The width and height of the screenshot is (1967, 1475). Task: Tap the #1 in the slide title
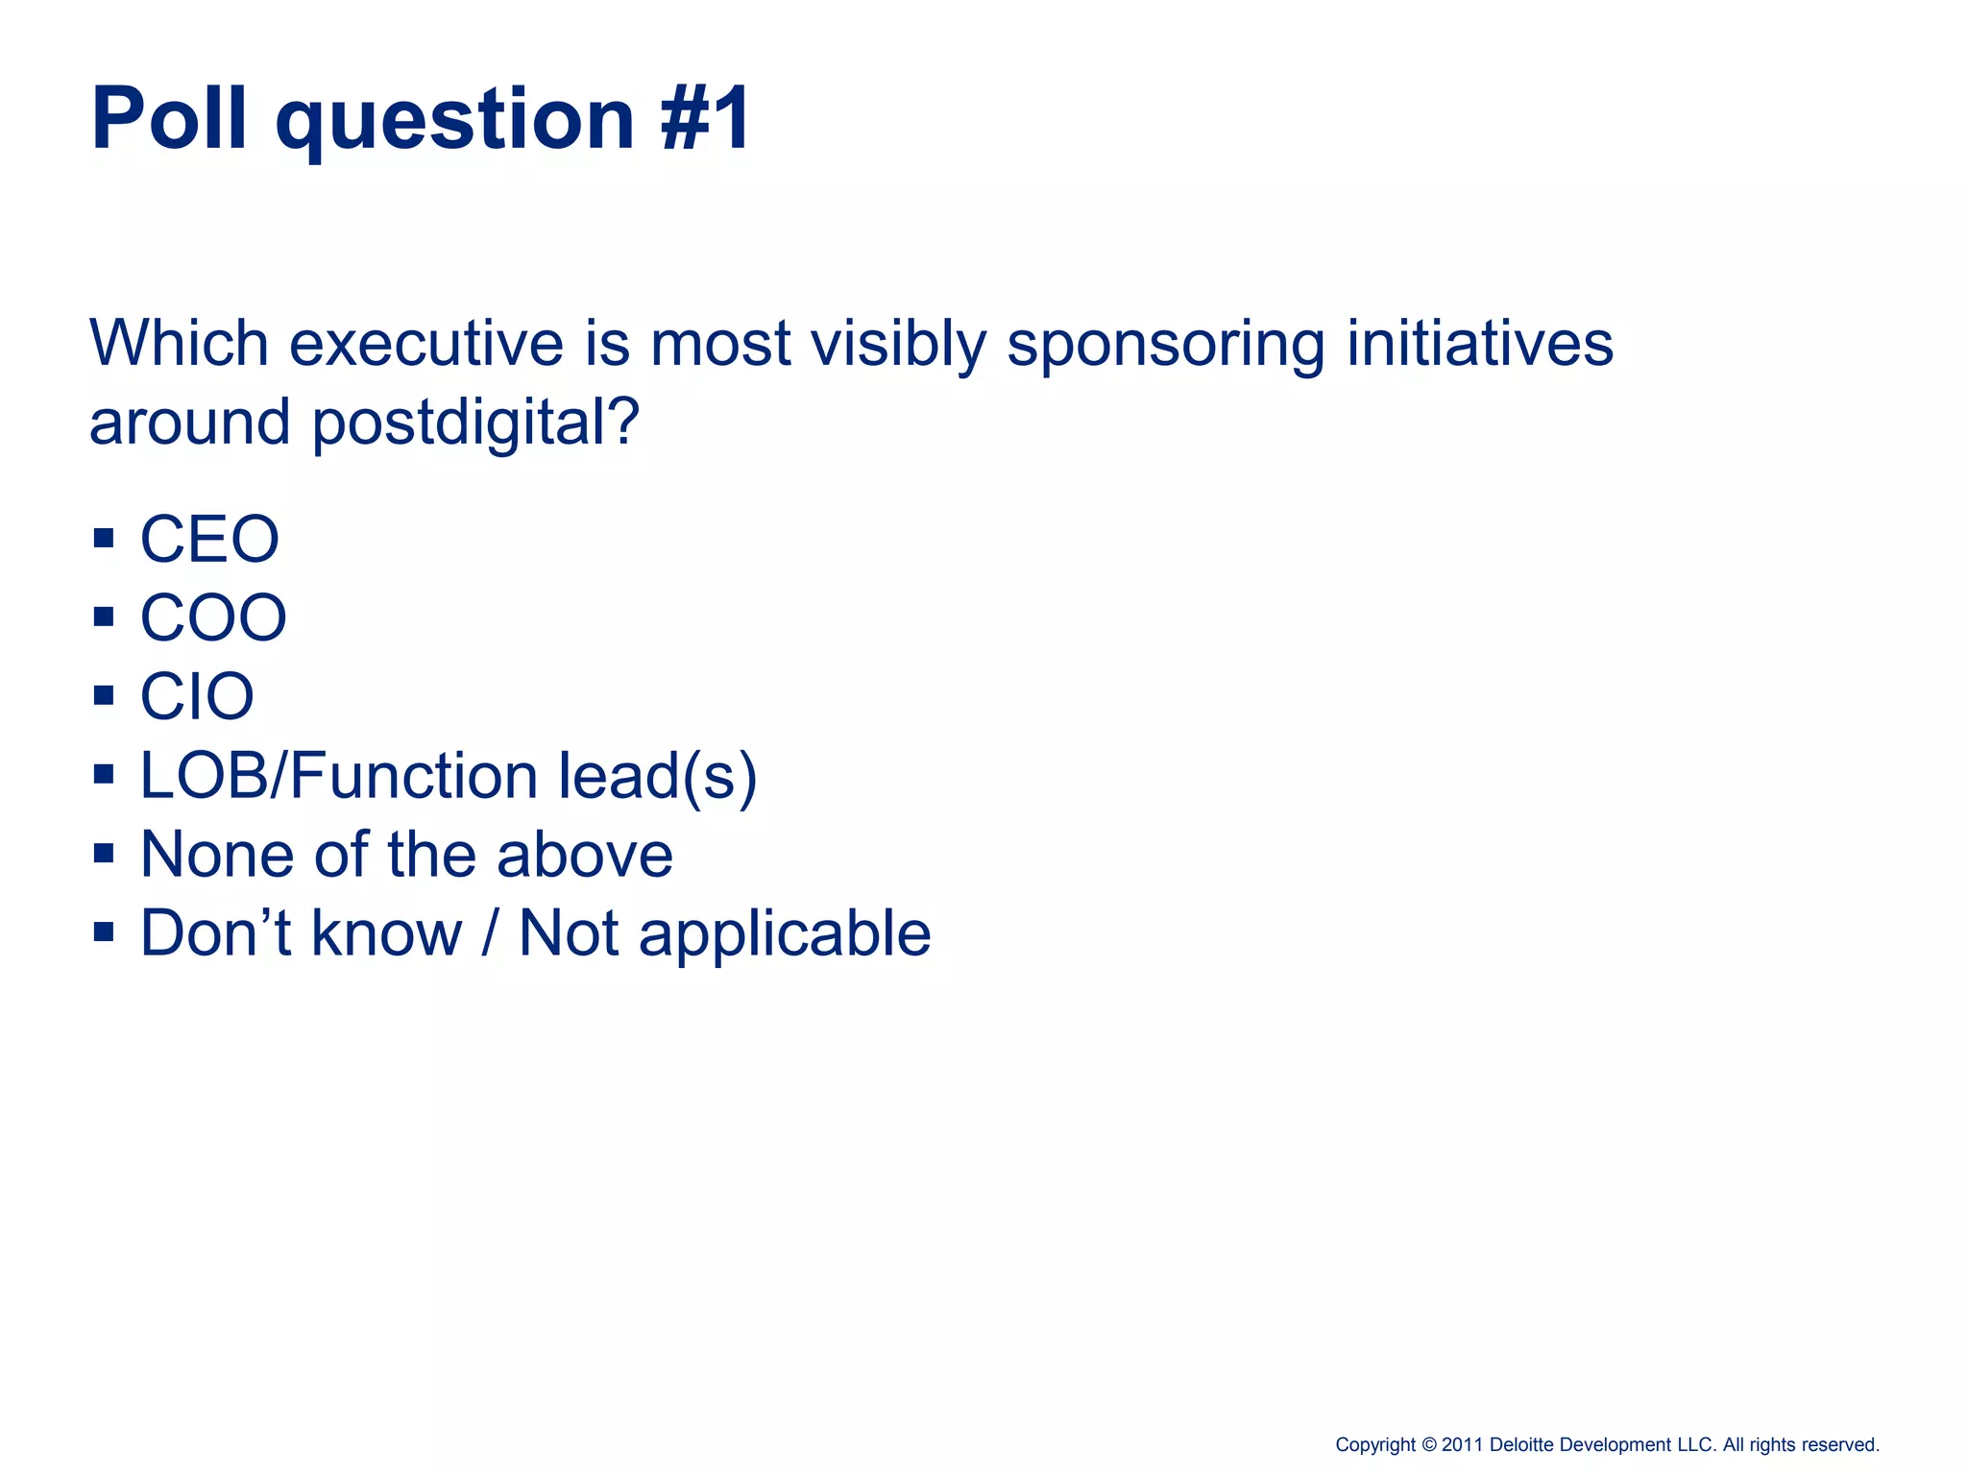(706, 119)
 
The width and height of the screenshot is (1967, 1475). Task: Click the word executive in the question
(426, 344)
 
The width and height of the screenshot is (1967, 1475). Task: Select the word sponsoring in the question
(1165, 344)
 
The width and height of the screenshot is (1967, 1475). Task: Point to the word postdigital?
(475, 423)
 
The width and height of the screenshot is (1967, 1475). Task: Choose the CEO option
(209, 539)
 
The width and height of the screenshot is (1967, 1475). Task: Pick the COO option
(213, 617)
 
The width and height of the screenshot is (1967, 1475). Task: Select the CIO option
(197, 696)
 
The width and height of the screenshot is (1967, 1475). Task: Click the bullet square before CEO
(104, 538)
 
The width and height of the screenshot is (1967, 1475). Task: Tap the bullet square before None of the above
(104, 853)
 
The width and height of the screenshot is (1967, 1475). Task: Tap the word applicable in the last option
(785, 934)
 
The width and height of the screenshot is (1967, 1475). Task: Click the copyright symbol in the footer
(1428, 1445)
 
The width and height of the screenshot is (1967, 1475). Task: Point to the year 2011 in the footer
(1463, 1445)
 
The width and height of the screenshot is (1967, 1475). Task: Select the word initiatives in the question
(1479, 344)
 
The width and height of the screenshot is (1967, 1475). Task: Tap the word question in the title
(454, 119)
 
